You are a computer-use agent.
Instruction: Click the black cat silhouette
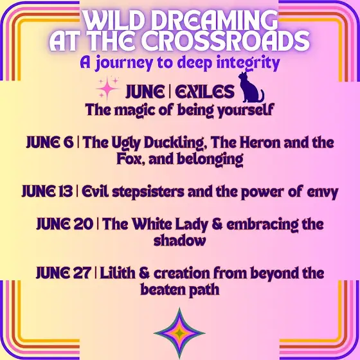point(251,89)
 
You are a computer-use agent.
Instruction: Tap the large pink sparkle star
point(107,89)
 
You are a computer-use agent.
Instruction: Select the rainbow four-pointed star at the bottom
point(179,333)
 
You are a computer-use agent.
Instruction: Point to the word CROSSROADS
point(226,40)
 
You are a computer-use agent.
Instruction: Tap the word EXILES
point(204,91)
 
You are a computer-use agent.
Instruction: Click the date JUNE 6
point(50,142)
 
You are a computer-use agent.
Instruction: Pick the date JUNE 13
point(47,192)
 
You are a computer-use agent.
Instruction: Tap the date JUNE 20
point(65,224)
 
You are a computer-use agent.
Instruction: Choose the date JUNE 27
point(64,273)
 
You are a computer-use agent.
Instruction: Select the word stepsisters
point(148,192)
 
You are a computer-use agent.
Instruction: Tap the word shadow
point(179,240)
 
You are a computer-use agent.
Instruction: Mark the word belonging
point(210,159)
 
